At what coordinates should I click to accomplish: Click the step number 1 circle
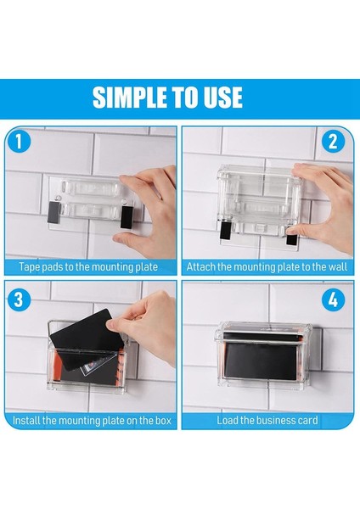click(x=19, y=142)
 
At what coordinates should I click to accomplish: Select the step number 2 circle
click(x=333, y=142)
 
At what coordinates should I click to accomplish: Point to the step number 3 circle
click(x=19, y=299)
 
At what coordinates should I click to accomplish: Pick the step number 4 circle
click(x=333, y=299)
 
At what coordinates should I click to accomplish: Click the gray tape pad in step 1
click(x=53, y=212)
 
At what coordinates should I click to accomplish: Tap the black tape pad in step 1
click(x=127, y=216)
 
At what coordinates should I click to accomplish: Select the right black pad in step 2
click(x=292, y=239)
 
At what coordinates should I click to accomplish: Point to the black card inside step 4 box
click(x=262, y=360)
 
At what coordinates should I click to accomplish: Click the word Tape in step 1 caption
click(x=30, y=267)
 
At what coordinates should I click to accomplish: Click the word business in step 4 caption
click(x=275, y=421)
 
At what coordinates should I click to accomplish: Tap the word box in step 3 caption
click(x=163, y=421)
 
